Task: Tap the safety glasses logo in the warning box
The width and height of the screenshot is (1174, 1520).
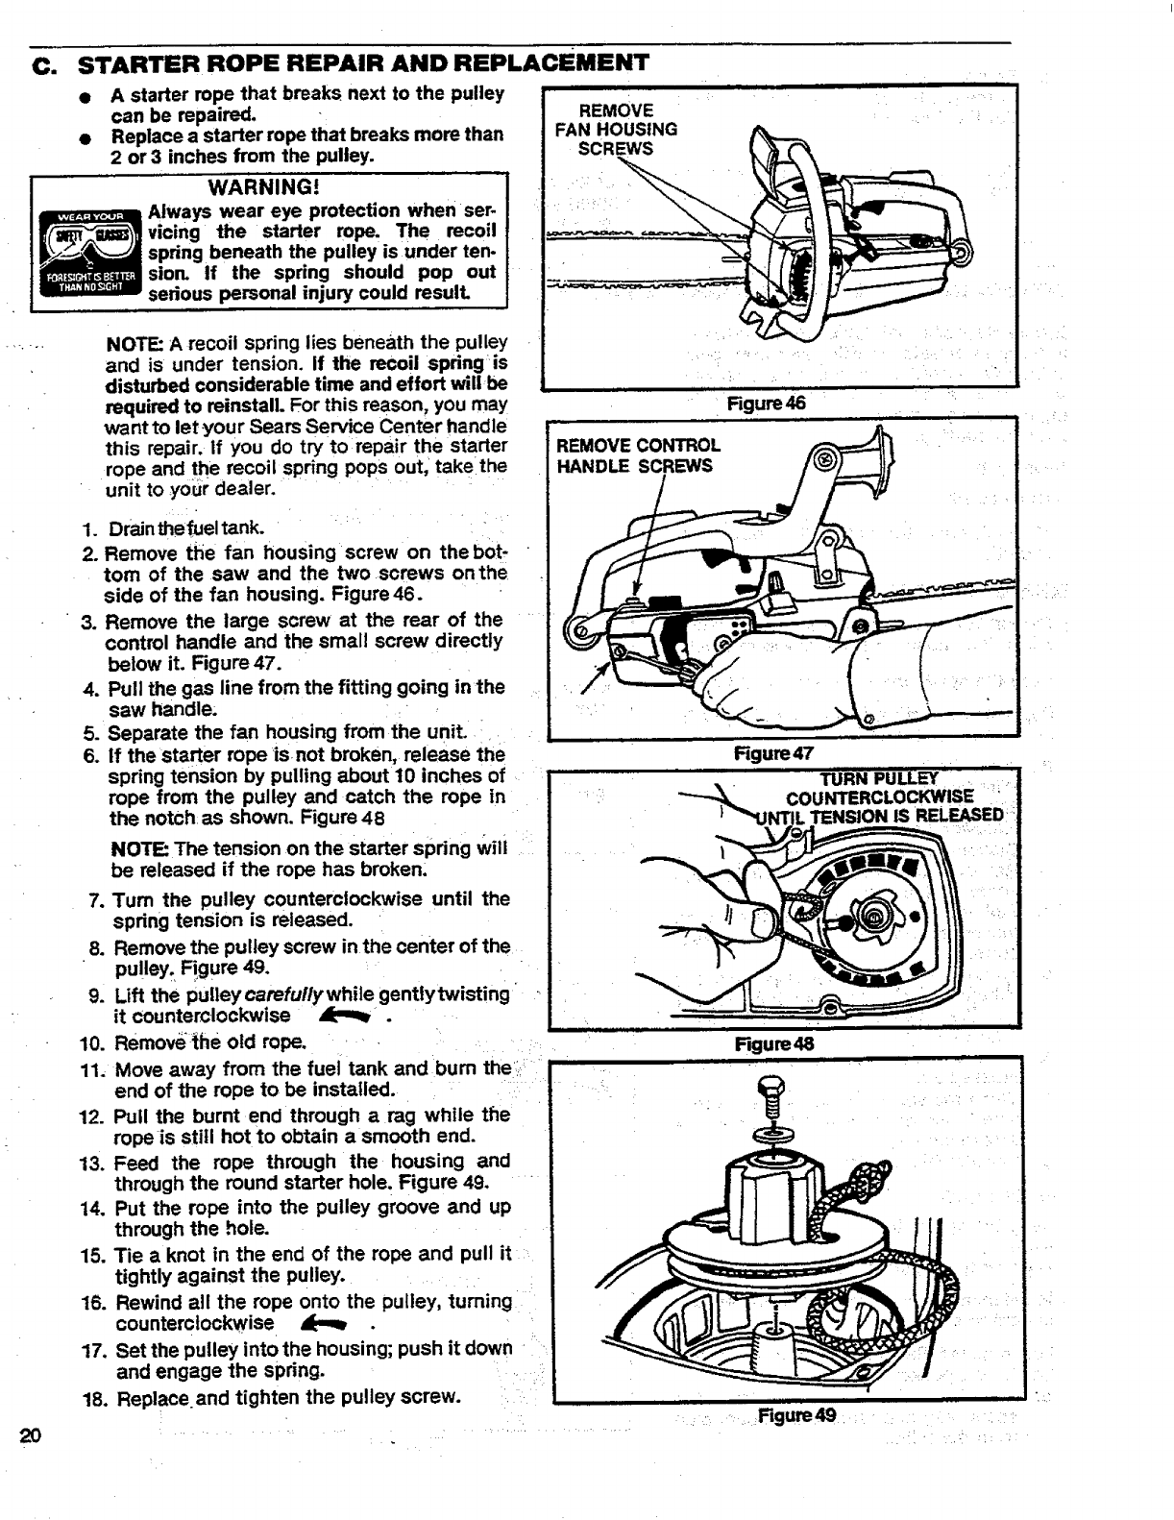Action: (87, 255)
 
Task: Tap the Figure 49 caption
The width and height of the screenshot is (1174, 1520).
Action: (796, 1415)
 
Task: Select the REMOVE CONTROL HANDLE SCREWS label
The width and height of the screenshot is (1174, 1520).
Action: (639, 456)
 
